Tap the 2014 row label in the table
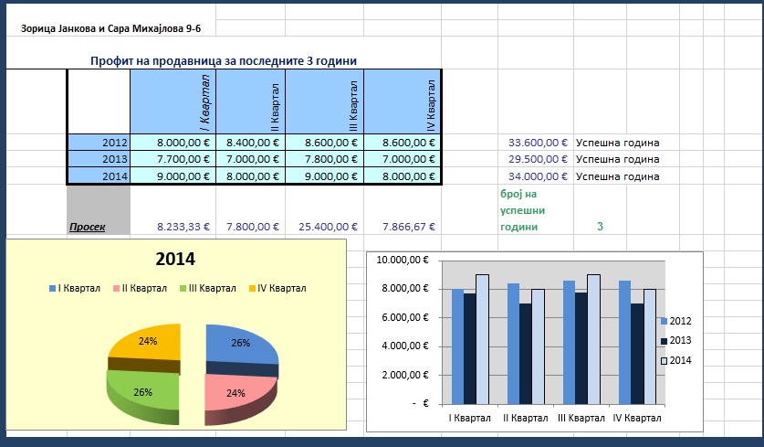tap(99, 176)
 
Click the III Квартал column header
tap(325, 101)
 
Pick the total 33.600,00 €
tap(538, 143)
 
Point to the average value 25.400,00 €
tap(328, 227)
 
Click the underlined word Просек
tap(88, 227)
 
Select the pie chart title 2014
tap(175, 259)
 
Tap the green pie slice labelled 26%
tap(142, 393)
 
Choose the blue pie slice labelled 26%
tap(241, 346)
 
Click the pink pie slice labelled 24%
tap(236, 395)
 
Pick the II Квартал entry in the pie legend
tap(140, 289)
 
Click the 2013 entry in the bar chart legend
tap(675, 341)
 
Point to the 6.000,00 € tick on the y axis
tap(405, 317)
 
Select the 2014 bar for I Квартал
tap(482, 340)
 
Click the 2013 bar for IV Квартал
tap(637, 355)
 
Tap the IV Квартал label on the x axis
tap(637, 419)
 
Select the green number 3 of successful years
tap(600, 227)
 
